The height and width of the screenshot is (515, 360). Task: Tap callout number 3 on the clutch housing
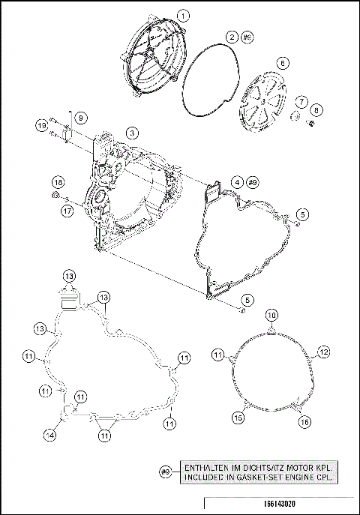coord(131,132)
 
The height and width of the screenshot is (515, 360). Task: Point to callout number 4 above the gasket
coord(236,182)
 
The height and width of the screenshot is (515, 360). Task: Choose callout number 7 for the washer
coord(300,100)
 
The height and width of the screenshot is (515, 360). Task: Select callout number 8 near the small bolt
coord(316,110)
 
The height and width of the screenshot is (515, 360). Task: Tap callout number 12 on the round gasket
coord(323,351)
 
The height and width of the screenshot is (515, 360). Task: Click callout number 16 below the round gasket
coord(304,423)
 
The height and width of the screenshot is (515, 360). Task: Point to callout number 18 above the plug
coord(57,182)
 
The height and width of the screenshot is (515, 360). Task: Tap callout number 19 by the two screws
coord(41,121)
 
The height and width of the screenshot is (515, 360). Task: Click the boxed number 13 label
coord(68,276)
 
